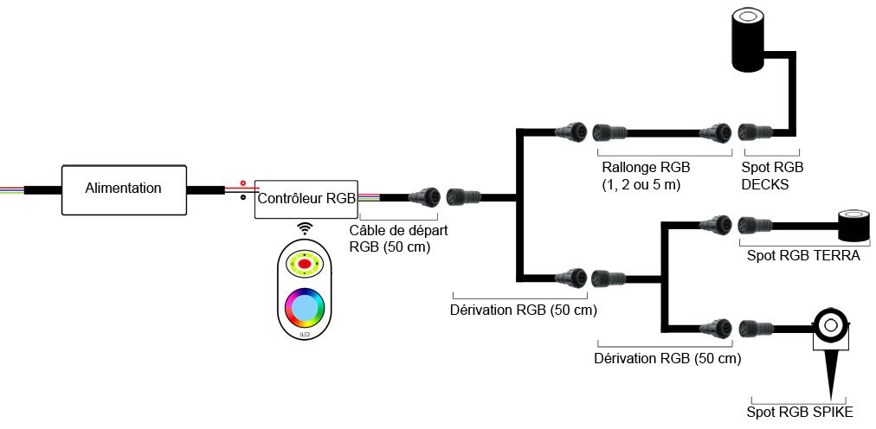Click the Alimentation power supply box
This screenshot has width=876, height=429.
click(124, 189)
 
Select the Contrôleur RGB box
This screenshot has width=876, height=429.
click(306, 198)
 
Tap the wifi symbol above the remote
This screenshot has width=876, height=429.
click(305, 227)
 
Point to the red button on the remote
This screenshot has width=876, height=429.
click(305, 262)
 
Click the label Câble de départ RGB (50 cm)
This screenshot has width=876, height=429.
click(398, 238)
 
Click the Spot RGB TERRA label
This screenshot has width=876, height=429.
click(802, 255)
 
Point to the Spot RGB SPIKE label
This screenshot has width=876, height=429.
click(800, 412)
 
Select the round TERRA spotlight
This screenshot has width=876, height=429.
click(854, 224)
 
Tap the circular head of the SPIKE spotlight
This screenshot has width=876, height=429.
click(829, 325)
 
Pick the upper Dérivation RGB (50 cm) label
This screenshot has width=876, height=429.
click(525, 309)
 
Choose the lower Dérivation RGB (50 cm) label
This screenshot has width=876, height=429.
click(668, 357)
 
